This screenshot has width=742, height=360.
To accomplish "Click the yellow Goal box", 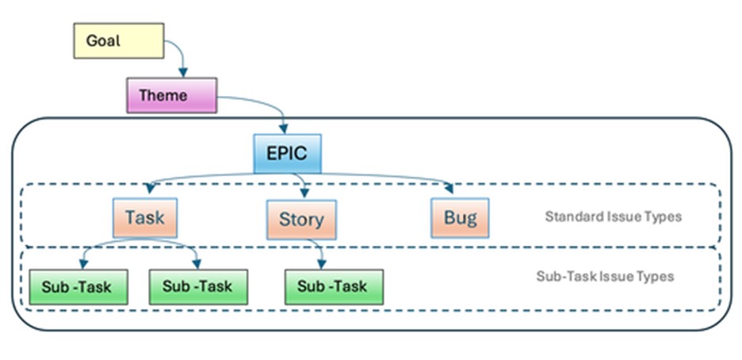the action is pyautogui.click(x=119, y=40).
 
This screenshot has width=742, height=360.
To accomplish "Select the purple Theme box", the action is pyautogui.click(x=172, y=96).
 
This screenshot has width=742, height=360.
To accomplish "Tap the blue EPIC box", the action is pyautogui.click(x=287, y=154).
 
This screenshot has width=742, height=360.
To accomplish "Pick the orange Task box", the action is pyautogui.click(x=145, y=217).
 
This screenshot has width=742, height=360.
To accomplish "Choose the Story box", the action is pyautogui.click(x=301, y=220).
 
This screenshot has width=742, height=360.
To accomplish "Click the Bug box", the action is pyautogui.click(x=460, y=218).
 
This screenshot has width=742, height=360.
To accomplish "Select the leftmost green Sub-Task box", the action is pyautogui.click(x=78, y=287).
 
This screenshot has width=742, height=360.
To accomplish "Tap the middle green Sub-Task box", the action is pyautogui.click(x=198, y=287).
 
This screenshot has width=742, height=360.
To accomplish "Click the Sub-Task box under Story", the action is pyautogui.click(x=334, y=287).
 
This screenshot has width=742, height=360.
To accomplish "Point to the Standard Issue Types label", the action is pyautogui.click(x=614, y=216).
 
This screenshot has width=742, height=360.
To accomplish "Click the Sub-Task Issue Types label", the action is pyautogui.click(x=605, y=276).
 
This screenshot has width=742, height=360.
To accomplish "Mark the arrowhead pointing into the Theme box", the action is pyautogui.click(x=182, y=72).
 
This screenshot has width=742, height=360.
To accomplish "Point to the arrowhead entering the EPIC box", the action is pyautogui.click(x=284, y=128).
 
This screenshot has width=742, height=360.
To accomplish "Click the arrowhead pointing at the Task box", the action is pyautogui.click(x=151, y=188).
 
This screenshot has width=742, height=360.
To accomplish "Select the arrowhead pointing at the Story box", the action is pyautogui.click(x=304, y=193).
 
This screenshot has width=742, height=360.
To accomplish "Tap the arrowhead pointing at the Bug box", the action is pyautogui.click(x=449, y=189).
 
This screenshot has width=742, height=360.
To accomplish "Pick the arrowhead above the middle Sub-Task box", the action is pyautogui.click(x=197, y=263).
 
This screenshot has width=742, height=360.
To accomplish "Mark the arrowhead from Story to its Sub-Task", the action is pyautogui.click(x=322, y=264).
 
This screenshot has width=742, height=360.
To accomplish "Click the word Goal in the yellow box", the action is pyautogui.click(x=103, y=40).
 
